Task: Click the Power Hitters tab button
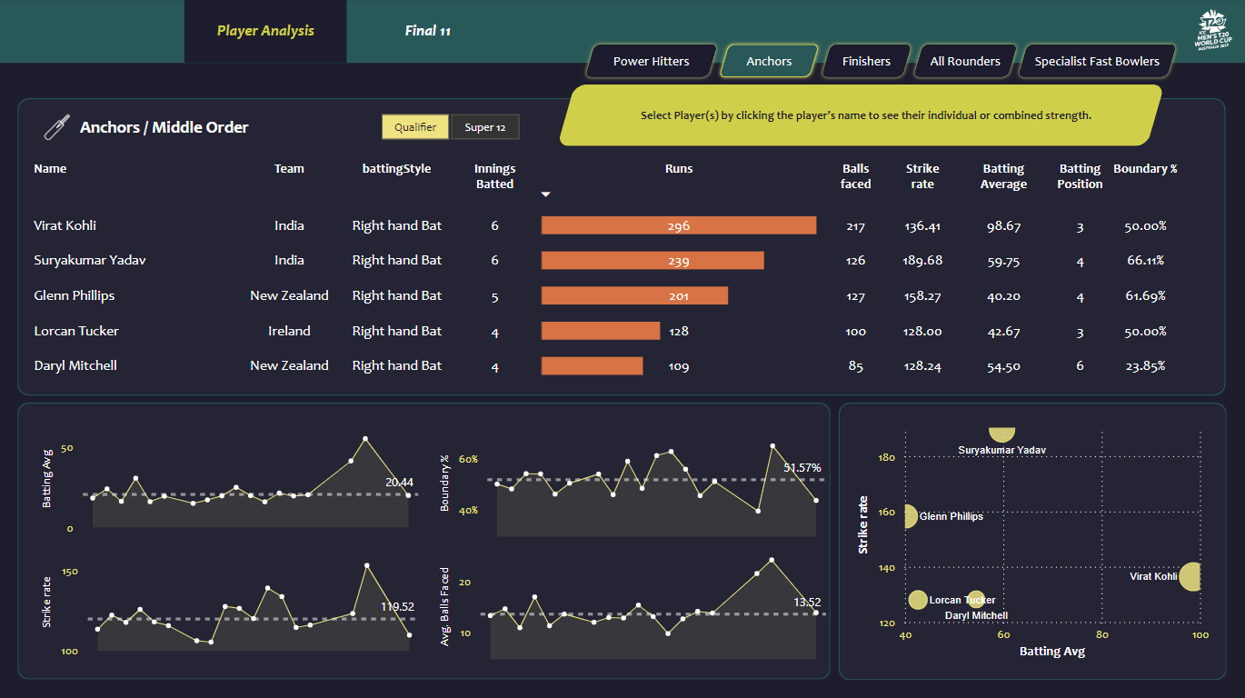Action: click(651, 62)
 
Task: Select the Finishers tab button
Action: click(866, 62)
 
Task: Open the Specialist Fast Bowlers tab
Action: click(1097, 62)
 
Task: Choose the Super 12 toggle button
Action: click(485, 127)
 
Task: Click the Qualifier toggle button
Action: click(415, 127)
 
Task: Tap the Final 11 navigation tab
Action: click(427, 31)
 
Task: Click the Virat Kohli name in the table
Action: click(65, 225)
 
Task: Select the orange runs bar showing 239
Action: click(652, 261)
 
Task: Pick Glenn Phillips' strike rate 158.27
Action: click(922, 296)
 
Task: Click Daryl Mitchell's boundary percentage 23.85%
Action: click(1145, 366)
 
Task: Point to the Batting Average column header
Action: click(1003, 176)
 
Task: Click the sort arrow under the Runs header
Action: click(545, 194)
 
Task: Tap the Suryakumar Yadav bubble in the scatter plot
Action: click(1002, 434)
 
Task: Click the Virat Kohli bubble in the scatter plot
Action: click(1190, 576)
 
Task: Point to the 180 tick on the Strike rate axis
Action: click(885, 457)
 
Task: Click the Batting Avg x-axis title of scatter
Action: click(1051, 652)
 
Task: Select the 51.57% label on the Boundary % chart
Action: click(802, 467)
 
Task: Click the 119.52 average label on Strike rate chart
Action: click(397, 606)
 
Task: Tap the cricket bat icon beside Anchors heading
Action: click(56, 127)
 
